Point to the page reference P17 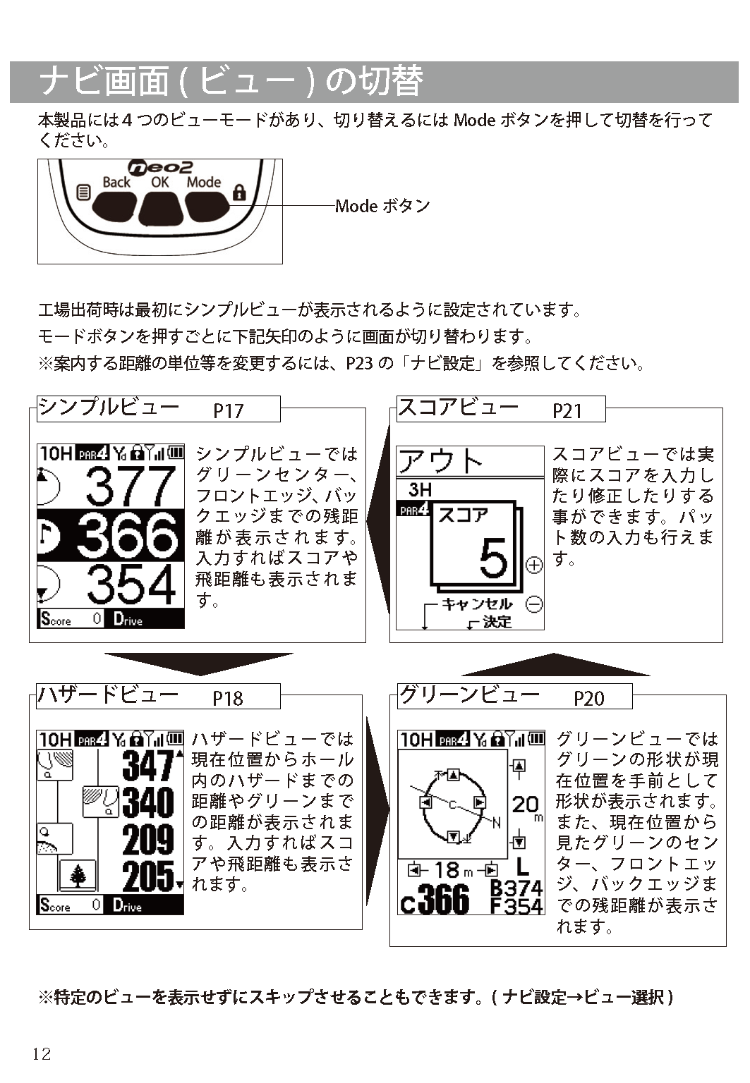pos(228,411)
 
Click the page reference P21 pos(567,411)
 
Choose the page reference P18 pos(227,698)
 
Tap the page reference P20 pos(589,698)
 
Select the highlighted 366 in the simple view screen pos(128,535)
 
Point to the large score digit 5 pos(494,558)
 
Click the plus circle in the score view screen pos(533,565)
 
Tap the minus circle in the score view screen pos(533,604)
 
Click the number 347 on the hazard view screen pos(148,766)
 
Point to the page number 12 pos(42,1054)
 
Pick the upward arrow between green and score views pos(555,664)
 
